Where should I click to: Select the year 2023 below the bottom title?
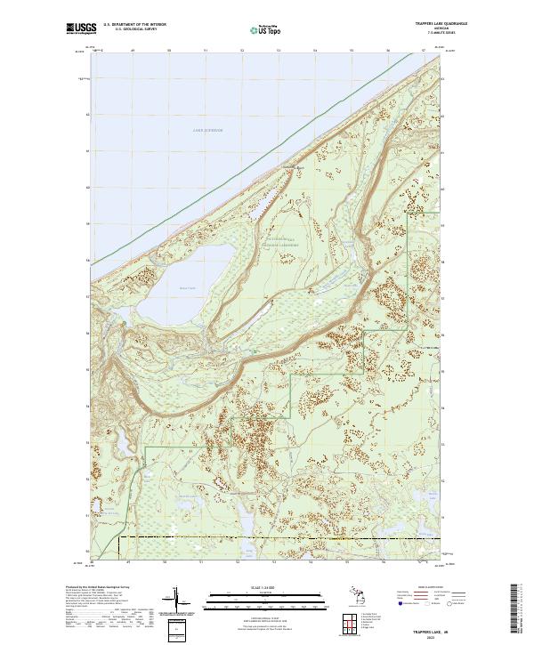pyautogui.click(x=436, y=635)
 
